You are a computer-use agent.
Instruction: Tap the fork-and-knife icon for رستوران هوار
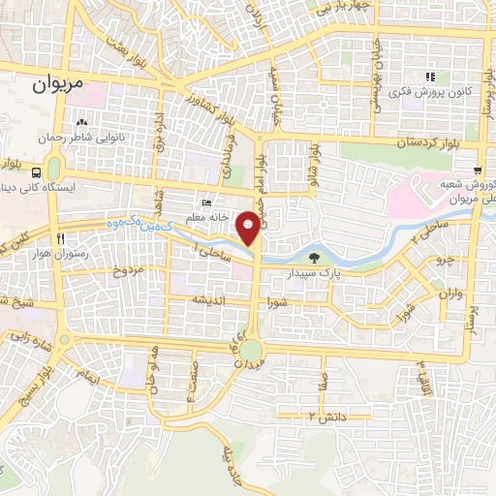[x=60, y=237]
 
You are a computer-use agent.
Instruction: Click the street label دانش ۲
[x=327, y=415]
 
